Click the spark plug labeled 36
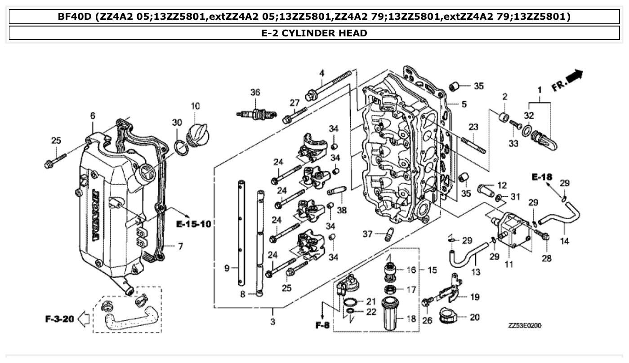254,115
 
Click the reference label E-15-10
193,224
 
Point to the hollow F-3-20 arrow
84,320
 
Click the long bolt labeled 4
328,85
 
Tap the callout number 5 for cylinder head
464,104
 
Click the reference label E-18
542,177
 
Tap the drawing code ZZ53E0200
525,325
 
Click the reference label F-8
322,325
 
